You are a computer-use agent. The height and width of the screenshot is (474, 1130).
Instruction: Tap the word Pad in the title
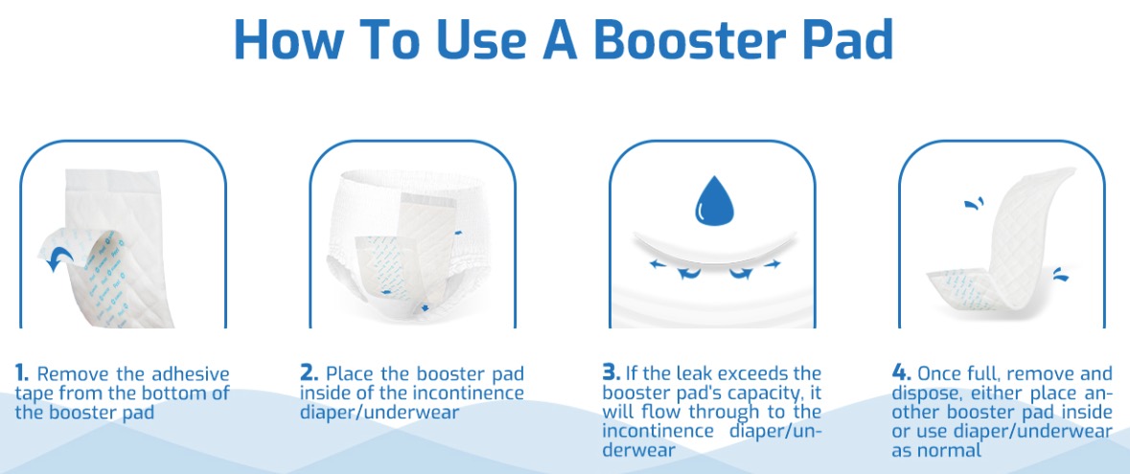tap(841, 39)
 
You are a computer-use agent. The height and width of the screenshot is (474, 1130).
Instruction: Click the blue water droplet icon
tap(714, 201)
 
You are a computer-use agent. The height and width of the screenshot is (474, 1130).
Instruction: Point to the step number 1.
tap(22, 373)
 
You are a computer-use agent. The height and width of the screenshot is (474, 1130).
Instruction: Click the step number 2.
tap(309, 373)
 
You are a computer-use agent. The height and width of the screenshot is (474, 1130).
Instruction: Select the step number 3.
tap(611, 373)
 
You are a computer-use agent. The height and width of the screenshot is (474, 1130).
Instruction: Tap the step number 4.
tap(902, 373)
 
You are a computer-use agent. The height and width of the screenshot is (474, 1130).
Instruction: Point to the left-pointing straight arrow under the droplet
tap(657, 264)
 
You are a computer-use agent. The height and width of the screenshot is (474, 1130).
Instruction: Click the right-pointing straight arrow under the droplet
tap(773, 264)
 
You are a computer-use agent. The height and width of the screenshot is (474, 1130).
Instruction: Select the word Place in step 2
tap(352, 374)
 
